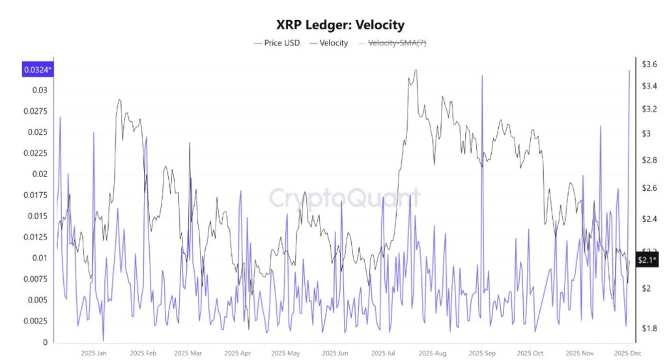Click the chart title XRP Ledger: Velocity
click(x=341, y=25)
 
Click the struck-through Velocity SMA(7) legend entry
click(x=398, y=43)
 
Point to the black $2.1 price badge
click(x=648, y=260)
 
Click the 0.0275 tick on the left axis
click(x=37, y=111)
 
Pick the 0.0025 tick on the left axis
click(x=37, y=321)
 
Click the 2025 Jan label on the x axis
click(x=93, y=353)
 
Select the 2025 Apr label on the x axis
click(x=237, y=353)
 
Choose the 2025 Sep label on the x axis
click(x=481, y=353)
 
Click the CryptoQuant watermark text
click(x=345, y=198)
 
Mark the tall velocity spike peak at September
click(x=482, y=76)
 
